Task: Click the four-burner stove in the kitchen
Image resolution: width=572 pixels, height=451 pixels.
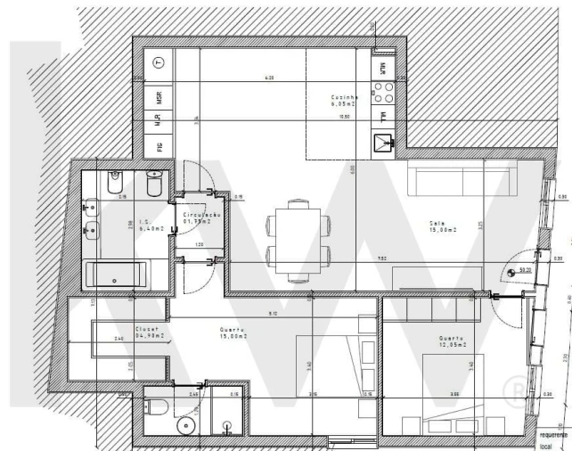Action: coord(383,93)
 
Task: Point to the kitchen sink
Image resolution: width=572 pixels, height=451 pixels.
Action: coord(384,139)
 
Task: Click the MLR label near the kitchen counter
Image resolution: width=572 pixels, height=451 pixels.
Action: coord(382,67)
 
